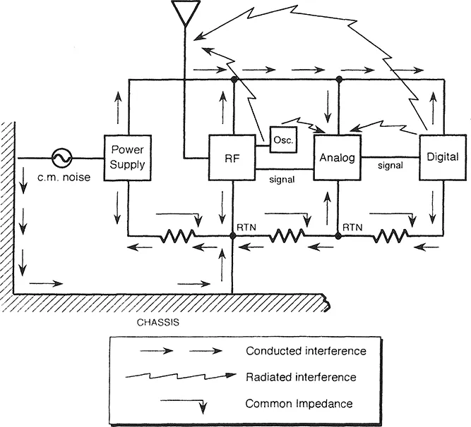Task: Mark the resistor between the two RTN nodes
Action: [285, 236]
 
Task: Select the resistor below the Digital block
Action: [390, 236]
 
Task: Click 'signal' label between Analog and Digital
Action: [390, 166]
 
